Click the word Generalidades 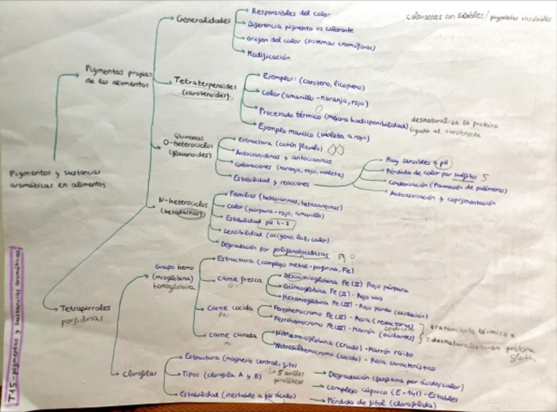(204, 20)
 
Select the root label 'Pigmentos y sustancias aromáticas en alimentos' (58, 178)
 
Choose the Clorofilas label (140, 374)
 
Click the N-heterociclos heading (183, 204)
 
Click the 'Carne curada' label (228, 336)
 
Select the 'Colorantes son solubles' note (447, 18)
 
